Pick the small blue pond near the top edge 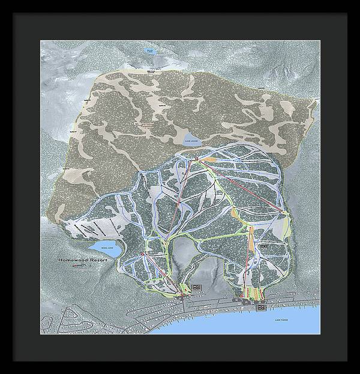pyautogui.click(x=150, y=52)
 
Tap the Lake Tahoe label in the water pyautogui.click(x=281, y=319)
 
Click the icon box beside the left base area pyautogui.click(x=197, y=288)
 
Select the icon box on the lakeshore pyautogui.click(x=261, y=307)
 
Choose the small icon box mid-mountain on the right pyautogui.click(x=263, y=246)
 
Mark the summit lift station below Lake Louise pyautogui.click(x=197, y=158)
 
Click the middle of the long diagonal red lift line pyautogui.click(x=240, y=185)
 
